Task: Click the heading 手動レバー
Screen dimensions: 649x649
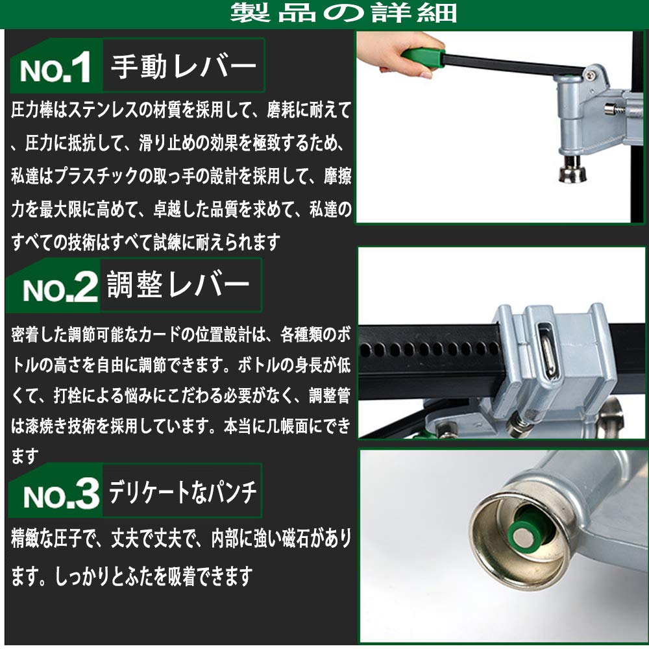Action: point(184,66)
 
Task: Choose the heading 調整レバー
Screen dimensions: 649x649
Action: point(178,285)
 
